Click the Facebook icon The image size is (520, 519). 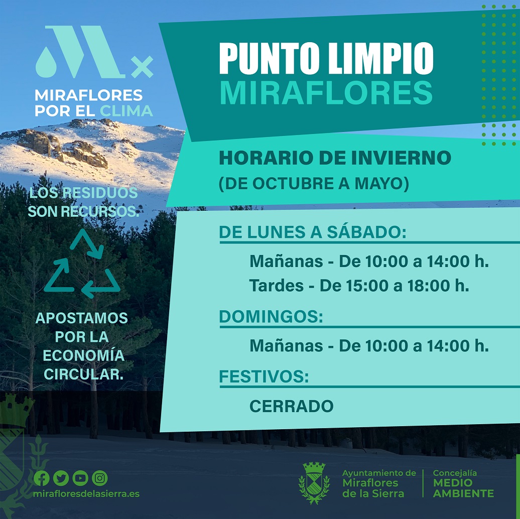pyautogui.click(x=42, y=478)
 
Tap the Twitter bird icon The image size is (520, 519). pyautogui.click(x=61, y=478)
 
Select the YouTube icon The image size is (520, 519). pyautogui.click(x=80, y=478)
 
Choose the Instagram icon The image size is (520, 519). pyautogui.click(x=100, y=478)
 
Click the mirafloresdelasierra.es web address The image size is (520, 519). pyautogui.click(x=86, y=494)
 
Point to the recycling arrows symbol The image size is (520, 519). pyautogui.click(x=82, y=264)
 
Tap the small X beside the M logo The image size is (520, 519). pyautogui.click(x=142, y=67)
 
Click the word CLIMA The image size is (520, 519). pyautogui.click(x=126, y=111)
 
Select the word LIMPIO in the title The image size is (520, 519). pyautogui.click(x=380, y=59)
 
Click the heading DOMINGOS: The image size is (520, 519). pyautogui.click(x=271, y=317)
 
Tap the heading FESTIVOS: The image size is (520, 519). pyautogui.click(x=264, y=377)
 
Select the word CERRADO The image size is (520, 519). pyautogui.click(x=292, y=406)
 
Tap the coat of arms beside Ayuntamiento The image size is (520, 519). pyautogui.click(x=314, y=483)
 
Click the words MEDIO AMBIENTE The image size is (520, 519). pyautogui.click(x=463, y=488)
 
